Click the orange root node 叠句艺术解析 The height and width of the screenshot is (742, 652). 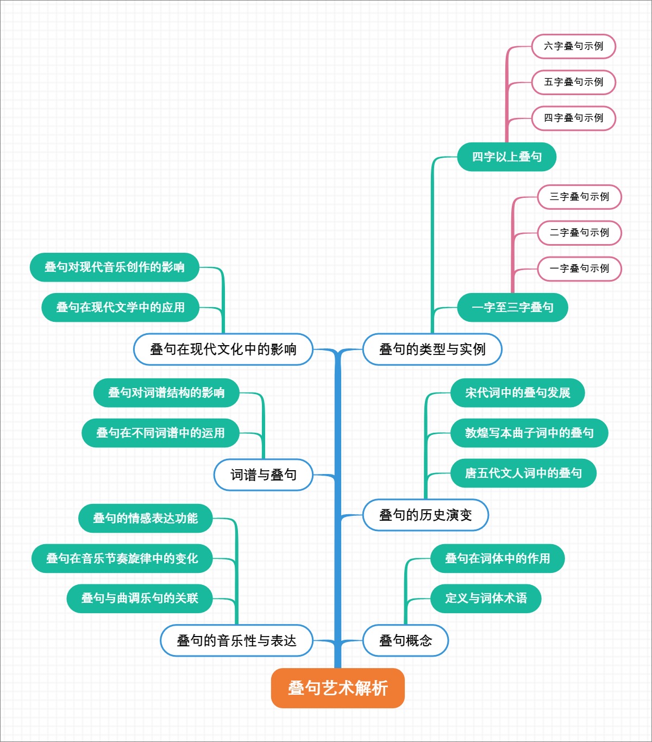click(337, 688)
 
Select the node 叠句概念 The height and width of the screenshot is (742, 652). click(405, 640)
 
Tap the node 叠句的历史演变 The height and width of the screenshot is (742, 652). click(425, 515)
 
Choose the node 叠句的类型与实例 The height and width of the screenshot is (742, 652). click(432, 349)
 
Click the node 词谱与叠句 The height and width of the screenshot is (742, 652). click(264, 475)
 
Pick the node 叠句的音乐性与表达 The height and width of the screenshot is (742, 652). click(236, 640)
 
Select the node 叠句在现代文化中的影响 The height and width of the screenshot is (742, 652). click(223, 349)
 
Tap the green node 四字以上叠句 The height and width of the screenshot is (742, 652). click(506, 157)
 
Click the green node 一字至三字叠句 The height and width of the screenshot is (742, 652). click(512, 308)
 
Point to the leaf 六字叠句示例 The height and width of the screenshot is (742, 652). click(573, 46)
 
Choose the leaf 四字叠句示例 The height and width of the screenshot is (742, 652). click(573, 118)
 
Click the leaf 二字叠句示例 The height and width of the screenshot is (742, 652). click(579, 233)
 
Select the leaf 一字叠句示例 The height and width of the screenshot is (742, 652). click(579, 269)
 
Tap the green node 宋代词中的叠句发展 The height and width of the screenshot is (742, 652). click(517, 392)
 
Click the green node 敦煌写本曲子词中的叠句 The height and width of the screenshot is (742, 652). click(529, 433)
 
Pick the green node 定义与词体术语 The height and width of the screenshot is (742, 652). click(486, 598)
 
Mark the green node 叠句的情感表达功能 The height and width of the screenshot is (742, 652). click(145, 518)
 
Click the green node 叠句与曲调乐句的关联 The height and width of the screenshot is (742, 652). click(140, 598)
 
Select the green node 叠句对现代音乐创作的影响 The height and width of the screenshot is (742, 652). click(114, 267)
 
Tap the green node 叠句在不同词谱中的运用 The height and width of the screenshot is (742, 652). click(160, 433)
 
